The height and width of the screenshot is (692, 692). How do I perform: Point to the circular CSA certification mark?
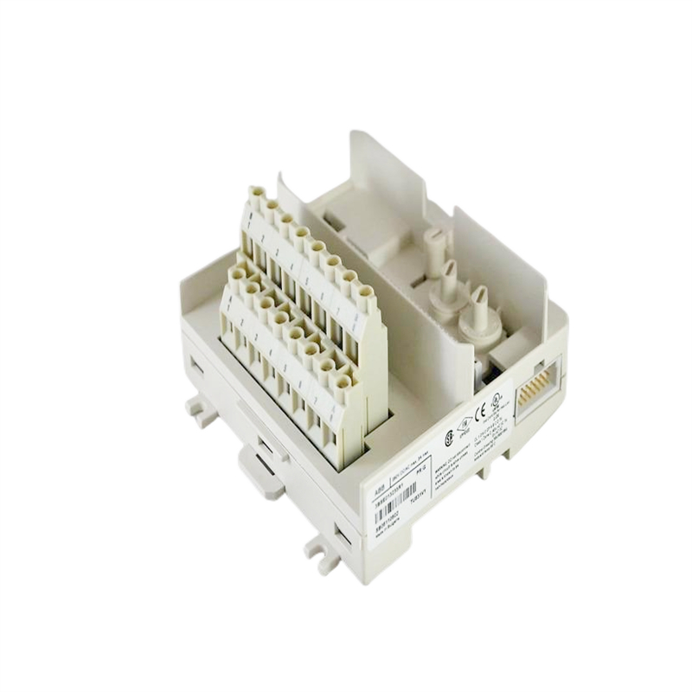click(449, 439)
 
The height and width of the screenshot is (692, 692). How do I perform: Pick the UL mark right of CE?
click(496, 402)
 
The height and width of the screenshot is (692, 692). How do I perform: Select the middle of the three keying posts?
click(451, 275)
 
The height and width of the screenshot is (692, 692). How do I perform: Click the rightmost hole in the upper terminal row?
click(368, 295)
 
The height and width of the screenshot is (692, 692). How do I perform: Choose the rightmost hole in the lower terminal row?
click(343, 381)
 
